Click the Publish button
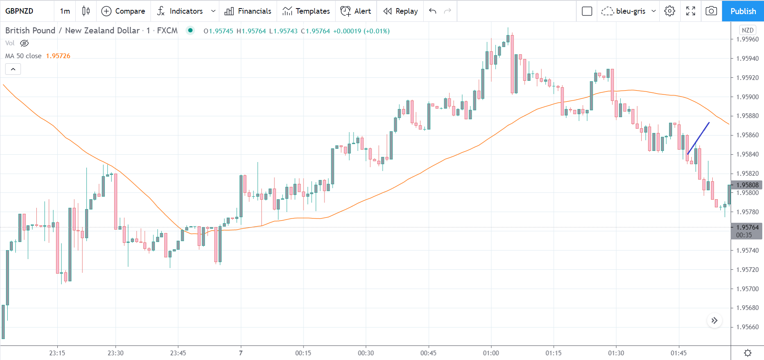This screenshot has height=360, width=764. (x=743, y=11)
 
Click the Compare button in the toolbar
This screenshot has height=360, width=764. (x=123, y=11)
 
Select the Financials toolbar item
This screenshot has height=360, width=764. (x=248, y=11)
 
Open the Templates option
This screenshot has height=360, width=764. (x=306, y=11)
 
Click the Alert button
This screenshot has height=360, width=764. (x=356, y=11)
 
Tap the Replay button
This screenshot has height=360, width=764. (x=400, y=11)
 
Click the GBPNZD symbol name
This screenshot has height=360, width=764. (x=19, y=11)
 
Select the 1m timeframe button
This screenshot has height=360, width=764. (x=65, y=11)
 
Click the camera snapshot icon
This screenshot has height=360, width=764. (x=711, y=11)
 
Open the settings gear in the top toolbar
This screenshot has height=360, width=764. (x=670, y=11)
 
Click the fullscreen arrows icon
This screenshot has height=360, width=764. (x=690, y=11)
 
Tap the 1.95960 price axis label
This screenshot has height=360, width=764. (x=747, y=39)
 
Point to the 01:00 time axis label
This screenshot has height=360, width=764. (x=491, y=353)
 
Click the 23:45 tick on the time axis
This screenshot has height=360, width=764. (x=178, y=353)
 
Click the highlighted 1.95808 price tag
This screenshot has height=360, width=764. (x=747, y=185)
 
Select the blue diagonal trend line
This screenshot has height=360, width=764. (x=698, y=139)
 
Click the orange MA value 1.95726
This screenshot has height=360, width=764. (x=58, y=56)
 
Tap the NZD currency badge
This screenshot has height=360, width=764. (x=747, y=30)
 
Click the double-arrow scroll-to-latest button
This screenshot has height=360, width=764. (x=714, y=321)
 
